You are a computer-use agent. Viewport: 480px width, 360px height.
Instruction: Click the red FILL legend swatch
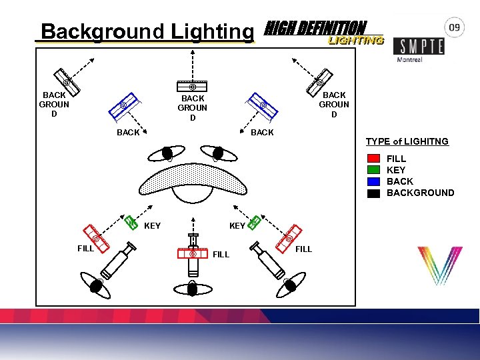374,159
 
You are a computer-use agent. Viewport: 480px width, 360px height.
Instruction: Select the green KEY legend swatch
374,170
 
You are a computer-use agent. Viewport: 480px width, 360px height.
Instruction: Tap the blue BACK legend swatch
374,181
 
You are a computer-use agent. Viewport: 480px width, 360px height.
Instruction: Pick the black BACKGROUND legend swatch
374,193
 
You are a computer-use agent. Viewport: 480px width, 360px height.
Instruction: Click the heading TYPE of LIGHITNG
407,142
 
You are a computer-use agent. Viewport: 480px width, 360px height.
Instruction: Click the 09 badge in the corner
455,27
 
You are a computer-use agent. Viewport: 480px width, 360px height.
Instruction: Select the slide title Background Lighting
147,31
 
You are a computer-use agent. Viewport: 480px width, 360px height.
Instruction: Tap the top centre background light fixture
192,86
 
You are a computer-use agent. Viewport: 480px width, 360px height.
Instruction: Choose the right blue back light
263,105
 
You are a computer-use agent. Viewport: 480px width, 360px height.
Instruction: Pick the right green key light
253,221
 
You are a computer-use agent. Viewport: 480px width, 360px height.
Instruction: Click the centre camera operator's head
193,288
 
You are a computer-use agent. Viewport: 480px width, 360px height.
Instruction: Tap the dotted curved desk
193,178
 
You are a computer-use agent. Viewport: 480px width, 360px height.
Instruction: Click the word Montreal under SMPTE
409,59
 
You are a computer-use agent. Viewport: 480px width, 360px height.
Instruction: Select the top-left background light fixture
67,81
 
